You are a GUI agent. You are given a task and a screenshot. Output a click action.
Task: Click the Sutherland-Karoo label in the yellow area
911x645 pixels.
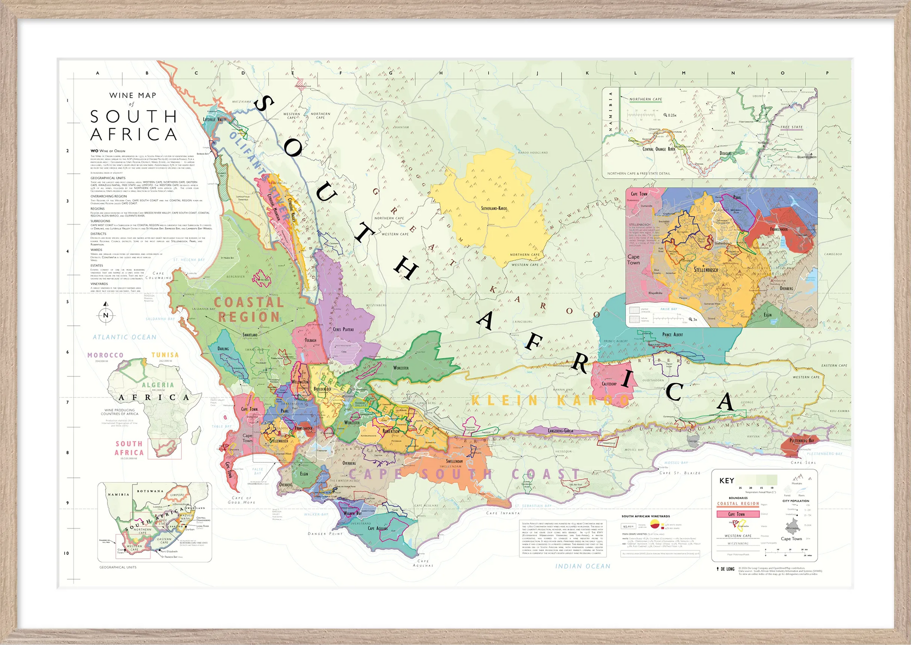click(494, 208)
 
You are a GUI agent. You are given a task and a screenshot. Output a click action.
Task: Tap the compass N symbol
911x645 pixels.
click(106, 315)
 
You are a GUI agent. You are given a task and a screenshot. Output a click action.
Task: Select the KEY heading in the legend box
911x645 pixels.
click(727, 481)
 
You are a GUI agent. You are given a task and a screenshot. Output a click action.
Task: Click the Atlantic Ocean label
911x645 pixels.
click(124, 337)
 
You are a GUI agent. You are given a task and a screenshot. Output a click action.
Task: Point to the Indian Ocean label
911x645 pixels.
click(583, 566)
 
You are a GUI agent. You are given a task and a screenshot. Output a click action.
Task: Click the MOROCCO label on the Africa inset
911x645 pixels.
click(105, 355)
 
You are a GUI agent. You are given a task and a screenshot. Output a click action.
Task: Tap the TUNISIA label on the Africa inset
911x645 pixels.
click(165, 355)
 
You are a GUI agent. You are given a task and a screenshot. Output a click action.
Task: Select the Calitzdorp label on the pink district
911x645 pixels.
click(609, 384)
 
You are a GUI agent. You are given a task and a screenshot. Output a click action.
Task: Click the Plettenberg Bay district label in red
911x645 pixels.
click(802, 441)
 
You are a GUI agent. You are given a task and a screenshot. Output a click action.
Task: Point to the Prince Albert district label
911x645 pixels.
click(672, 335)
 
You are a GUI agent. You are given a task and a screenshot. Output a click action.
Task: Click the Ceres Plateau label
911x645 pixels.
click(343, 330)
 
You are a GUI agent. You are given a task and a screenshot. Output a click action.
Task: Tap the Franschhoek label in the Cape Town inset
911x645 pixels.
click(779, 229)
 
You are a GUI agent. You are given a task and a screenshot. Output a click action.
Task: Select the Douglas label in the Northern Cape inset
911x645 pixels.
click(725, 153)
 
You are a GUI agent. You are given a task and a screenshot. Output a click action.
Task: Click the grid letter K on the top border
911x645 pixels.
click(587, 73)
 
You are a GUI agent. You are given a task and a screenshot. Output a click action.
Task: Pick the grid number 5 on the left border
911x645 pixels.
click(68, 302)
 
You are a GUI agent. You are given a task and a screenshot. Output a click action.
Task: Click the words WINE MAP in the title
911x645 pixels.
click(133, 96)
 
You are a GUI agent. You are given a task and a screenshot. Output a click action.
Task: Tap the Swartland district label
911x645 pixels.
click(250, 335)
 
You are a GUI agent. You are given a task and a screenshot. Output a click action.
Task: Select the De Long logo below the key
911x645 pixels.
click(726, 569)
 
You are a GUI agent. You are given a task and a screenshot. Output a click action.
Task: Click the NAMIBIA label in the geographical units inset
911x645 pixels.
click(118, 494)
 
